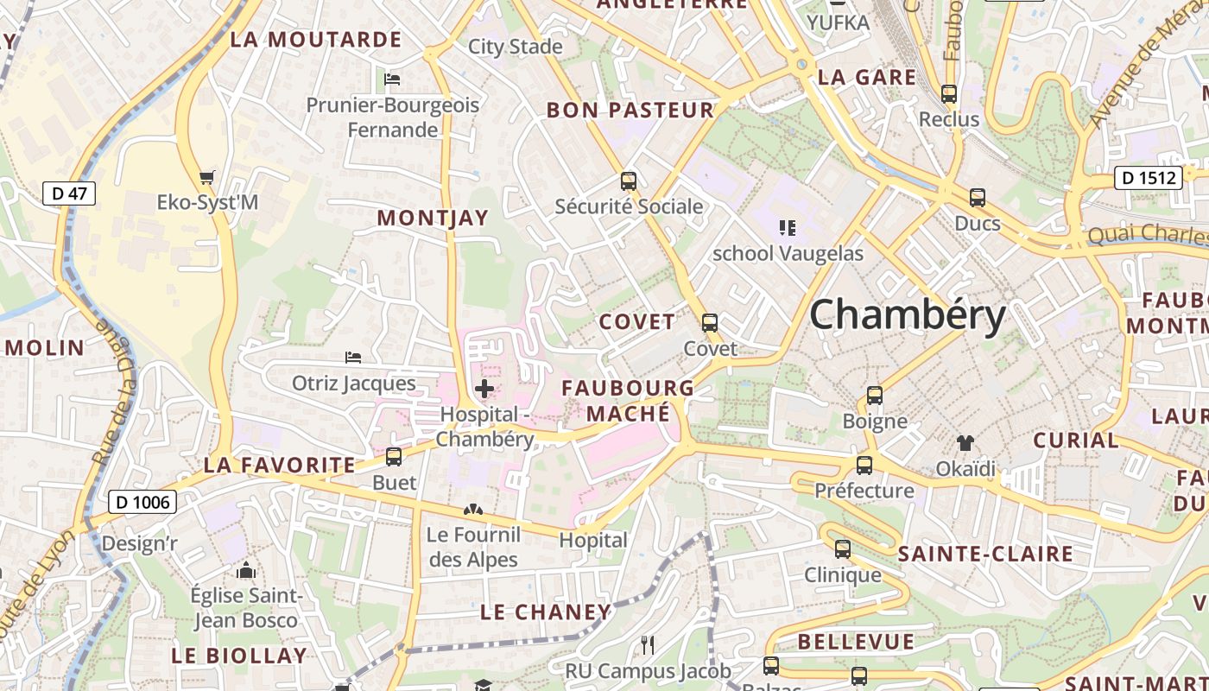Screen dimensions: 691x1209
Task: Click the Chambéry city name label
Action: coord(907,314)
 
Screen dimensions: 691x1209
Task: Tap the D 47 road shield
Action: coord(69,193)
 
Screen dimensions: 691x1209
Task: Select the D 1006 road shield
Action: coord(142,502)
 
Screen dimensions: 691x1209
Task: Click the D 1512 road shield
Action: coord(1148,178)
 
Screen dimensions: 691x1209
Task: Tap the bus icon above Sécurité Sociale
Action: coord(629,181)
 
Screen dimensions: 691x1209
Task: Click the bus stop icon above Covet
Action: coord(710,323)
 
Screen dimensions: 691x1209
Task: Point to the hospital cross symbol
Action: coord(484,389)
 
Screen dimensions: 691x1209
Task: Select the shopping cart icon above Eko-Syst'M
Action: coord(206,178)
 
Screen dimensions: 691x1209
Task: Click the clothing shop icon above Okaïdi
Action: coord(965,443)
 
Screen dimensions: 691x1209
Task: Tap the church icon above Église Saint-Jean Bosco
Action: coord(246,570)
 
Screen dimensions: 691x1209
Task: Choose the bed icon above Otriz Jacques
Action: coord(353,357)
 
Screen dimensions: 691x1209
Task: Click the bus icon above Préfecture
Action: coord(864,466)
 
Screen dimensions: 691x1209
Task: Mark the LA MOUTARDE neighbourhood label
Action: coord(316,40)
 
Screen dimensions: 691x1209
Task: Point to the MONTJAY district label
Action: coord(433,219)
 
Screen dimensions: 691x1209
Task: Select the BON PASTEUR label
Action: coord(630,111)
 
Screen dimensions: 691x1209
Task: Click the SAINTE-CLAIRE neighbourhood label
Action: coord(985,554)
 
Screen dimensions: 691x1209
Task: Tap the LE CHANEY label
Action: coord(546,612)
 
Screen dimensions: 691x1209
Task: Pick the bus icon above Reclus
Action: coord(949,94)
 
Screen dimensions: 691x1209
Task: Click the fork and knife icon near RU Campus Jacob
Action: coord(648,644)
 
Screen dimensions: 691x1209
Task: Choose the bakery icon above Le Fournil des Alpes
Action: coord(472,510)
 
